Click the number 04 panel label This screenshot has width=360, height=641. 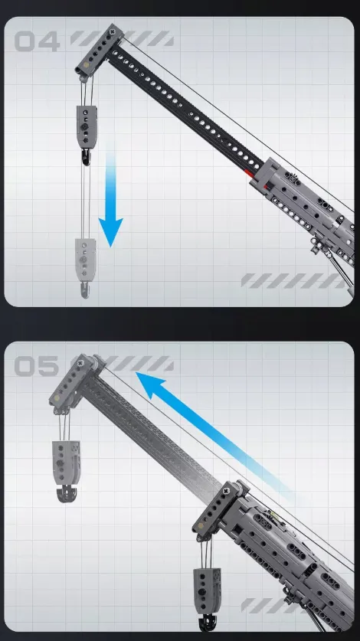tap(38, 41)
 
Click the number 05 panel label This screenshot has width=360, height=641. tap(37, 366)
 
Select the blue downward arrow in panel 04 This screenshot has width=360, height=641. tap(110, 195)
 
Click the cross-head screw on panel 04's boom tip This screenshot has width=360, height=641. tap(112, 31)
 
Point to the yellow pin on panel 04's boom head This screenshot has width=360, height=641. tap(87, 64)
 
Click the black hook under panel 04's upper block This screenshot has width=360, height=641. tap(86, 157)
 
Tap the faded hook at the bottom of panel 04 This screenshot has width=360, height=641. tap(85, 289)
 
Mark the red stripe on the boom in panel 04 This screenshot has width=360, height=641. tap(256, 179)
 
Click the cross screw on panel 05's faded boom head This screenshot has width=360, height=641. tap(80, 362)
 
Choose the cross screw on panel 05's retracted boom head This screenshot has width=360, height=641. tap(225, 491)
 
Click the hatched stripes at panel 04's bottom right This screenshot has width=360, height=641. tap(293, 281)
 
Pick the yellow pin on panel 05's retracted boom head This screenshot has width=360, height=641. tap(200, 526)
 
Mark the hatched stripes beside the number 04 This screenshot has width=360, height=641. tap(123, 38)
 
